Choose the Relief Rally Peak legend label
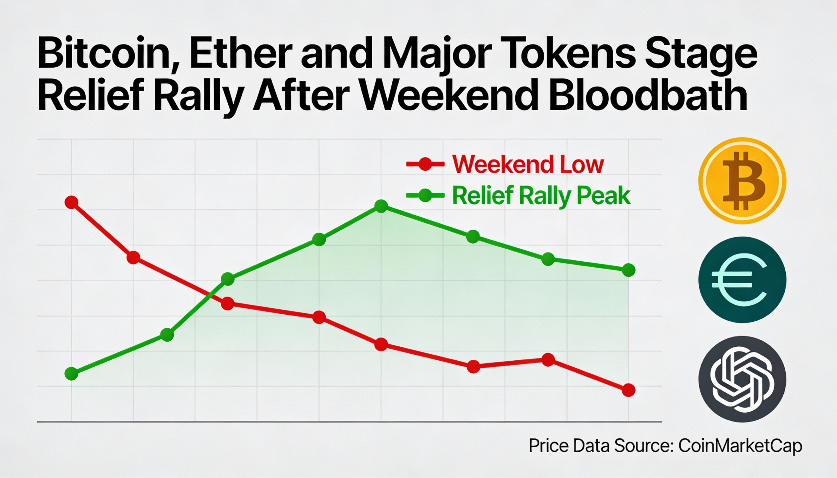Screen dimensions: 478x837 pos(541,196)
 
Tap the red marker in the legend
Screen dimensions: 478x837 pos(425,164)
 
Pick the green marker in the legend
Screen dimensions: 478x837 pos(425,196)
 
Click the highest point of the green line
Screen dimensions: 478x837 pos(381,206)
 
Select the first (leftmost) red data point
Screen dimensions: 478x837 pos(72,202)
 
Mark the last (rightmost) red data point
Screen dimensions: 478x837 pos(628,390)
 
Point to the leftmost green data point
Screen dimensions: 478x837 pos(72,373)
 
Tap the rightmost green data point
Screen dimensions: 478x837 pos(628,270)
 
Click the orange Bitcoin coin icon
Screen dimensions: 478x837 pos(742,181)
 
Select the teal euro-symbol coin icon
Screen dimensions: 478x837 pos(742,280)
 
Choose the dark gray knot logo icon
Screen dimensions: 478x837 pos(742,379)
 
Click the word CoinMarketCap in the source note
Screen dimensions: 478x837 pos(740,446)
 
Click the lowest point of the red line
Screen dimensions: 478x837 pos(628,390)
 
